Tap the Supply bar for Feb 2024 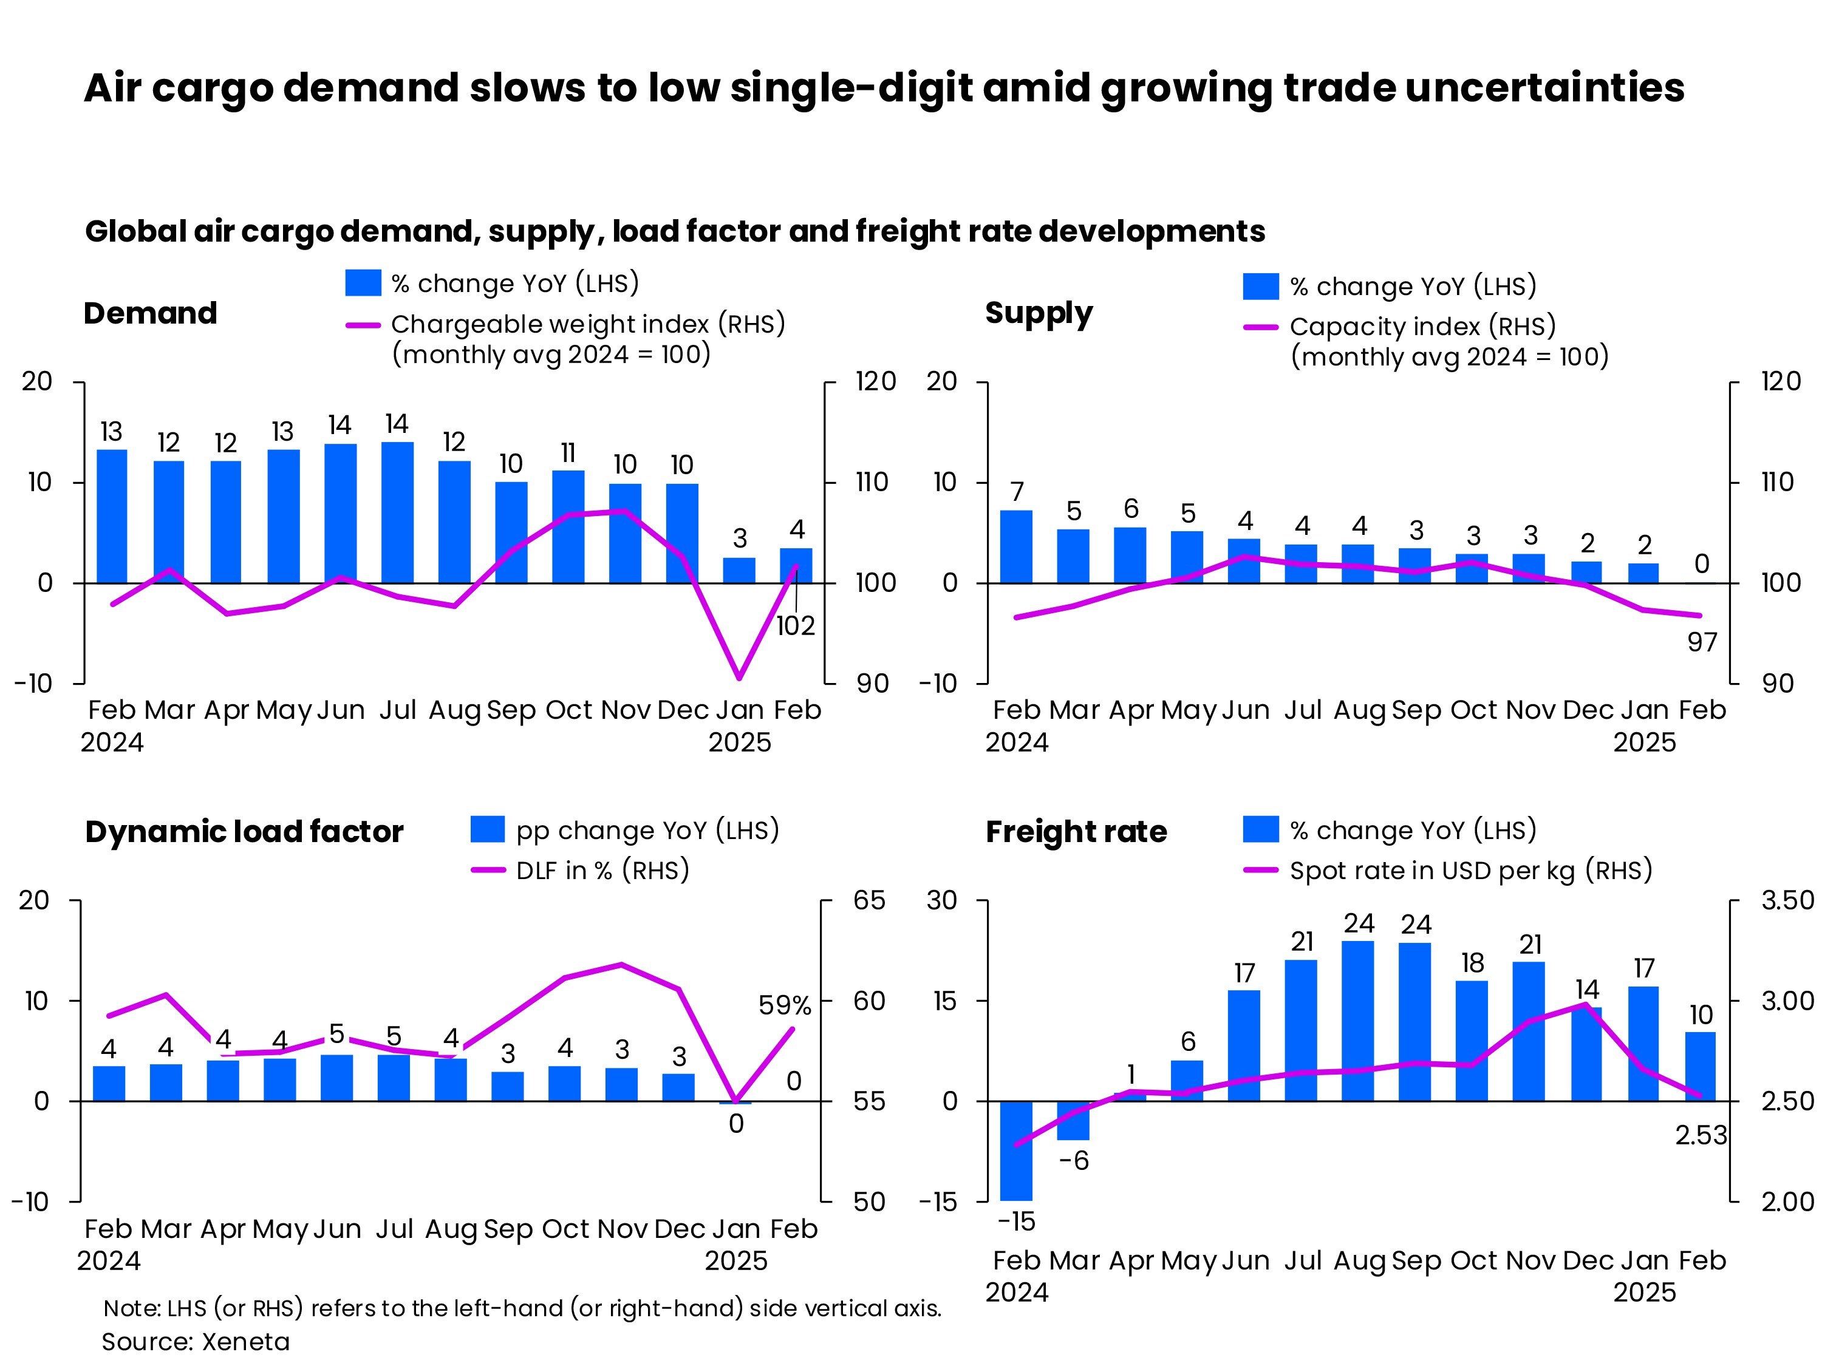[1015, 547]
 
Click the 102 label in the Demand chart [795, 626]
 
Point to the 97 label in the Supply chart [1702, 642]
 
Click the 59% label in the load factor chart [784, 1005]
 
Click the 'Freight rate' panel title [1076, 832]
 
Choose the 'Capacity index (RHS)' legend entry [1422, 327]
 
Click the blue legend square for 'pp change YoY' [487, 829]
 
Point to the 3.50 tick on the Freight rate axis [1787, 900]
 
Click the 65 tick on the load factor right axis [869, 900]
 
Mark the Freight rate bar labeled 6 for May [1187, 1080]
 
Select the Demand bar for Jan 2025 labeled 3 [739, 570]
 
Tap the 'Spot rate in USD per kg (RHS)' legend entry [1470, 871]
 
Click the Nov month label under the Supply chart [1530, 710]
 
